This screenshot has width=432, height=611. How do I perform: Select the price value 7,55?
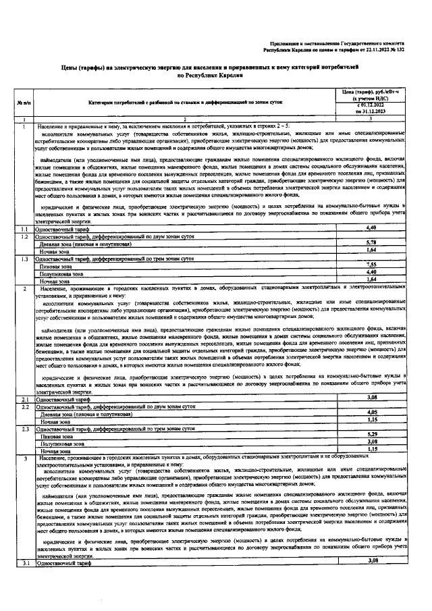pyautogui.click(x=371, y=264)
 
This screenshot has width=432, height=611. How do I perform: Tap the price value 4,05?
pyautogui.click(x=371, y=412)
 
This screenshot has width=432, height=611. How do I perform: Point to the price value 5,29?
pyautogui.click(x=371, y=434)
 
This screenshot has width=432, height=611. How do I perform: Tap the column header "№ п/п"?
pyautogui.click(x=22, y=103)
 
